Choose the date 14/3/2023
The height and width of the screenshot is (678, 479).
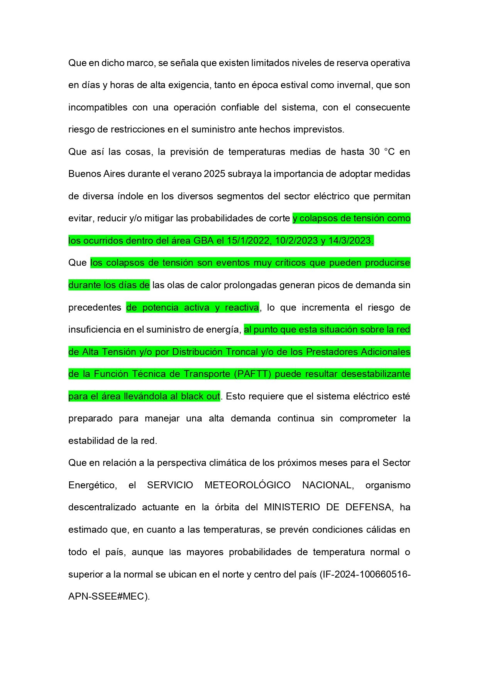click(x=349, y=241)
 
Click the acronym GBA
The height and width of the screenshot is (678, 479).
click(x=203, y=241)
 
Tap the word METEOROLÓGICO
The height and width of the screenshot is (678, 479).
click(x=247, y=485)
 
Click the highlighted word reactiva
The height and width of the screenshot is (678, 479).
click(x=242, y=308)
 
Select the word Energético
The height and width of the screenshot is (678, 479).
click(x=93, y=485)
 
